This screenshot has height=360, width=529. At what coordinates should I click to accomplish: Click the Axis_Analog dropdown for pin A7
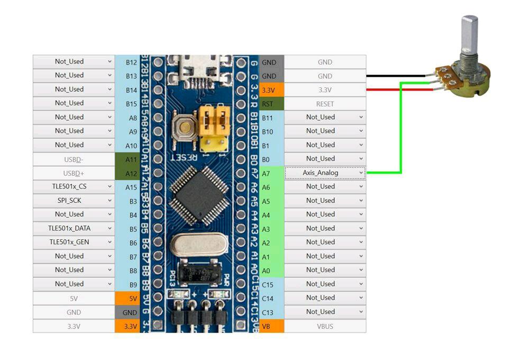[x=325, y=173]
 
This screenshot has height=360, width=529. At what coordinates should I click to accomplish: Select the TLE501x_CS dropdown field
[x=74, y=186]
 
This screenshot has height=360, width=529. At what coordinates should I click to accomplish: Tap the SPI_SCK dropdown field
[x=74, y=201]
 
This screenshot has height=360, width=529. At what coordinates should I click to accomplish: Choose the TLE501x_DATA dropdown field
[x=74, y=228]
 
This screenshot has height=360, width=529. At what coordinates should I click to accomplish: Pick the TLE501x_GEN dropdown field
[x=74, y=242]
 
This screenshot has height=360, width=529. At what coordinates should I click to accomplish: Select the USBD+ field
[x=74, y=173]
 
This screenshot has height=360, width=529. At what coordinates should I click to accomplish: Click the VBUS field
[x=325, y=326]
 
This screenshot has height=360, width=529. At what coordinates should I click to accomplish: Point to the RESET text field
[x=325, y=104]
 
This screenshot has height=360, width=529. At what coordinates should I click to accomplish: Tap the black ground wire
[x=397, y=76]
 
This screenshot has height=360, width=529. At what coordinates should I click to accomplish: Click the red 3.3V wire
[x=397, y=89]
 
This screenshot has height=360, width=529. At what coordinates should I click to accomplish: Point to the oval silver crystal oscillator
[x=199, y=245]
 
